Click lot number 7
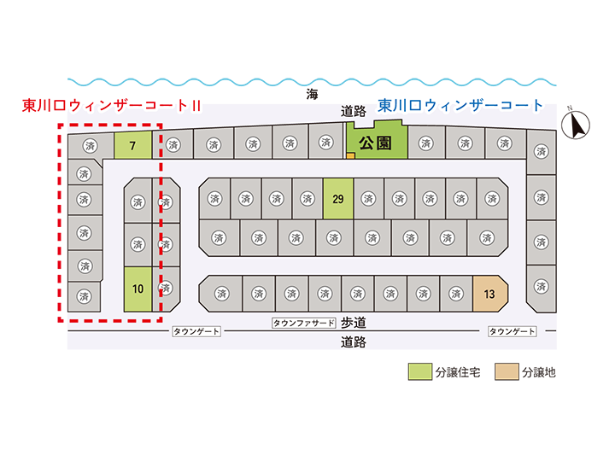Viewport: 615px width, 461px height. pyautogui.click(x=133, y=145)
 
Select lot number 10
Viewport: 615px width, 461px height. pyautogui.click(x=138, y=289)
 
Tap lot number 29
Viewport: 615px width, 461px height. pyautogui.click(x=338, y=198)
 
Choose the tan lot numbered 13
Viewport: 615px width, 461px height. pyautogui.click(x=490, y=294)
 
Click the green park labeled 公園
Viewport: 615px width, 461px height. pyautogui.click(x=377, y=143)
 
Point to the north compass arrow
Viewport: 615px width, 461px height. pyautogui.click(x=576, y=125)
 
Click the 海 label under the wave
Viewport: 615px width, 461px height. pyautogui.click(x=313, y=94)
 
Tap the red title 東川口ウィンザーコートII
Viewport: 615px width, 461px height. pyautogui.click(x=112, y=106)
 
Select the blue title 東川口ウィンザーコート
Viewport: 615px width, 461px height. pyautogui.click(x=460, y=105)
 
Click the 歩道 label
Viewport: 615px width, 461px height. pyautogui.click(x=354, y=323)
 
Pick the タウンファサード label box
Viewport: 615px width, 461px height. pyautogui.click(x=304, y=323)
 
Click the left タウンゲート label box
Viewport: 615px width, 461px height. pyautogui.click(x=196, y=331)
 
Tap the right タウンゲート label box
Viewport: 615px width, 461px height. pyautogui.click(x=512, y=331)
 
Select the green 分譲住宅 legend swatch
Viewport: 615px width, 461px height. pyautogui.click(x=420, y=371)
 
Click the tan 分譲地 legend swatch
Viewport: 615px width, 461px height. pyautogui.click(x=507, y=371)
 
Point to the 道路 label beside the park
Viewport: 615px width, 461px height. pyautogui.click(x=354, y=111)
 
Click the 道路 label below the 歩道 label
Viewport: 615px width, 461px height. pyautogui.click(x=354, y=342)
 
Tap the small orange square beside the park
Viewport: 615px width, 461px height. pyautogui.click(x=351, y=155)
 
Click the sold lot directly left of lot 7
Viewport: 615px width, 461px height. pyautogui.click(x=91, y=146)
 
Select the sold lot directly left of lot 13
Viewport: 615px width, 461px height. pyautogui.click(x=456, y=294)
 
